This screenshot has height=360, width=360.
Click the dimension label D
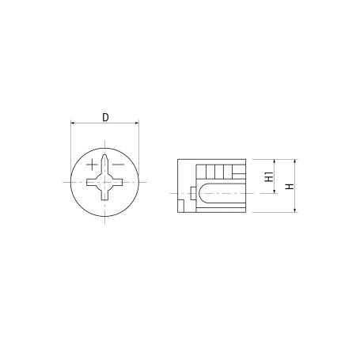pos(105,118)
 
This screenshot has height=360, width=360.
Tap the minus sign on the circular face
pos(117,165)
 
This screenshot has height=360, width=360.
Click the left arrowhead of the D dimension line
pos(74,124)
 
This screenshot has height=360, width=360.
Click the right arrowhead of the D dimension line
pos(137,124)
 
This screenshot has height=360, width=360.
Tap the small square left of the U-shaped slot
pos(191,193)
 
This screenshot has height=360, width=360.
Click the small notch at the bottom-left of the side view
pos(181,207)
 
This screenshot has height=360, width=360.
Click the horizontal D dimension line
pos(105,124)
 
